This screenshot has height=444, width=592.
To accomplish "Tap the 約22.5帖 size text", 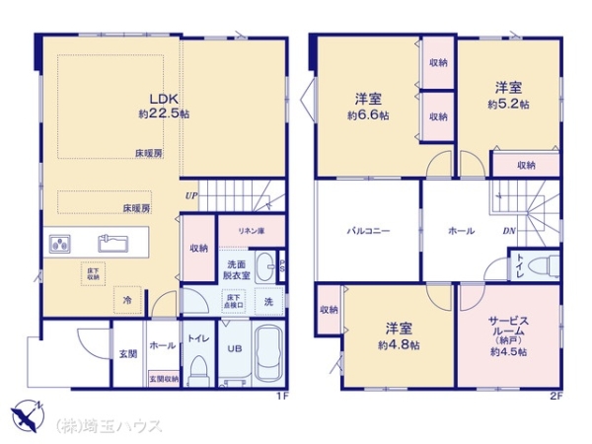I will [163, 114].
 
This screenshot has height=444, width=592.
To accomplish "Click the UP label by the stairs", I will [189, 195].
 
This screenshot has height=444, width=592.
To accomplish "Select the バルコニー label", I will [368, 231].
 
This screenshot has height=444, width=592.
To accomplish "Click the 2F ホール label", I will [462, 231].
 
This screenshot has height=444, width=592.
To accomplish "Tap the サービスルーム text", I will [508, 328].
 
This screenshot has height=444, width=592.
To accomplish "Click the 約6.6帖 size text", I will [368, 114].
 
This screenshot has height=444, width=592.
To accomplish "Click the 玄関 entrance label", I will [128, 353].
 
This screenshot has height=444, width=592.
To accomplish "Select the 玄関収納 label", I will [163, 378].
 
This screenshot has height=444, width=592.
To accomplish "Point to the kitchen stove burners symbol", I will [60, 244].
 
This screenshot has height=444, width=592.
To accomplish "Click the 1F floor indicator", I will [281, 397].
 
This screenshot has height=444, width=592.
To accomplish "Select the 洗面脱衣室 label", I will [237, 270].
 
